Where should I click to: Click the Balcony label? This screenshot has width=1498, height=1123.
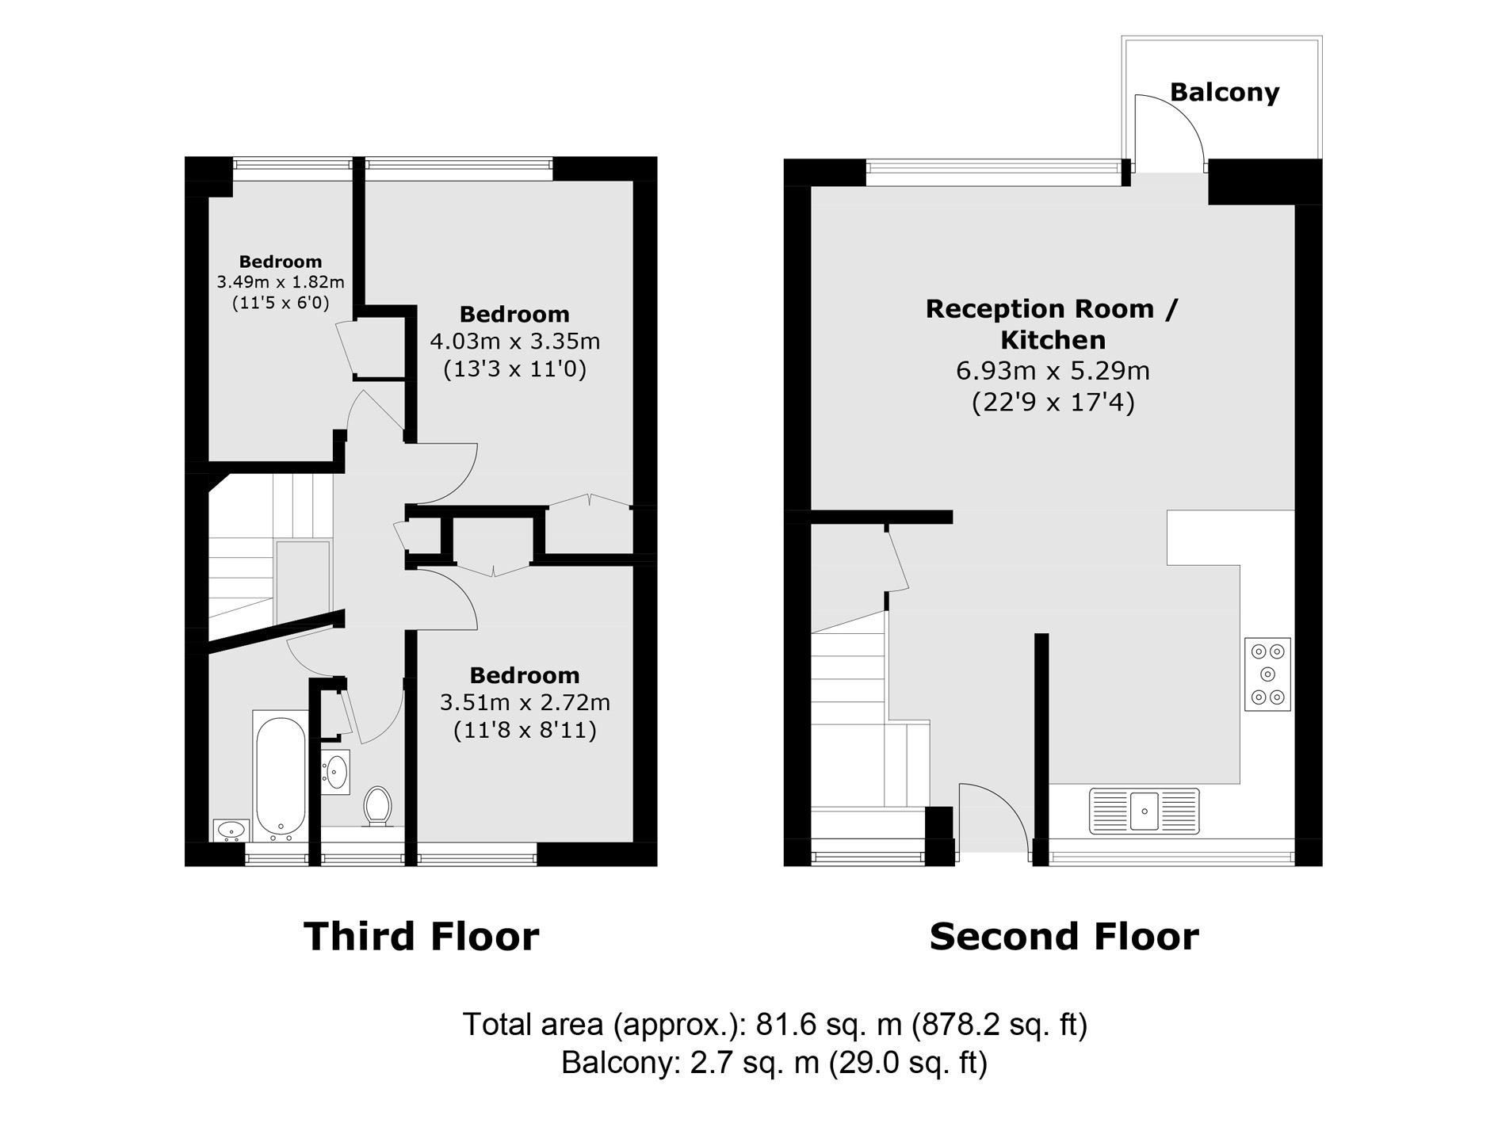[1224, 93]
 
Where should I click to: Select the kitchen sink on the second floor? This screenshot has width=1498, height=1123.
[1144, 811]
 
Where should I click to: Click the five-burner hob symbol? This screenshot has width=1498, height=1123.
[1267, 674]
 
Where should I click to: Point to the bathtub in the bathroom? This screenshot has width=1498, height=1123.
[280, 777]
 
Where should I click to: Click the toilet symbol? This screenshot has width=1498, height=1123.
[377, 806]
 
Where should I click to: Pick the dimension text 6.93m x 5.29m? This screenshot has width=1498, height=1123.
[1053, 371]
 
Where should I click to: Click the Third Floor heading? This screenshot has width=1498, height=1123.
[421, 937]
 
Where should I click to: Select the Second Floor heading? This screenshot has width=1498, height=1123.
[1064, 937]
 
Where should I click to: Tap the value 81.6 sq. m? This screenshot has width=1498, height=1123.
[828, 1025]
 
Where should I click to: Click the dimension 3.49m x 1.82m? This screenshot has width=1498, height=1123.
[281, 282]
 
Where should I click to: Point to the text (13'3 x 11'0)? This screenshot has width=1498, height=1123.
[514, 369]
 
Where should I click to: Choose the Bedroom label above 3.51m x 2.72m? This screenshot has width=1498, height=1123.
[524, 675]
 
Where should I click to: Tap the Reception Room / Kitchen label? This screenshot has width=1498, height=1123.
[1053, 323]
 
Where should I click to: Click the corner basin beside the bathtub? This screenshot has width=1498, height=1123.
[231, 830]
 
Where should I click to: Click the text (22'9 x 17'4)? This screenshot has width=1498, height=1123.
[1053, 403]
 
